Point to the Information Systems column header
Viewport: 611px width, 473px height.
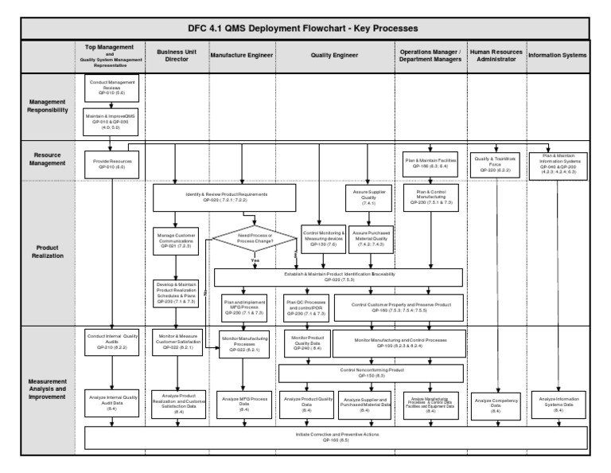click(x=558, y=55)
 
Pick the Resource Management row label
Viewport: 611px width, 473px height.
click(x=48, y=162)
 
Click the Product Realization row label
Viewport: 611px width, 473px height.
click(x=48, y=252)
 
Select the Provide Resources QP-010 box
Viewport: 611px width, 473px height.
click(x=111, y=164)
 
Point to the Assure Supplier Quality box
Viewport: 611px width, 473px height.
click(x=368, y=197)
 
